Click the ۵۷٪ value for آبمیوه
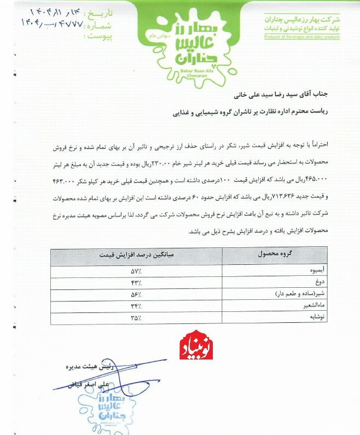coord(136,271)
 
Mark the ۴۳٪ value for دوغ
coord(136,282)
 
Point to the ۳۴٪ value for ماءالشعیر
coord(136,305)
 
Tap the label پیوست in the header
coord(93,36)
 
